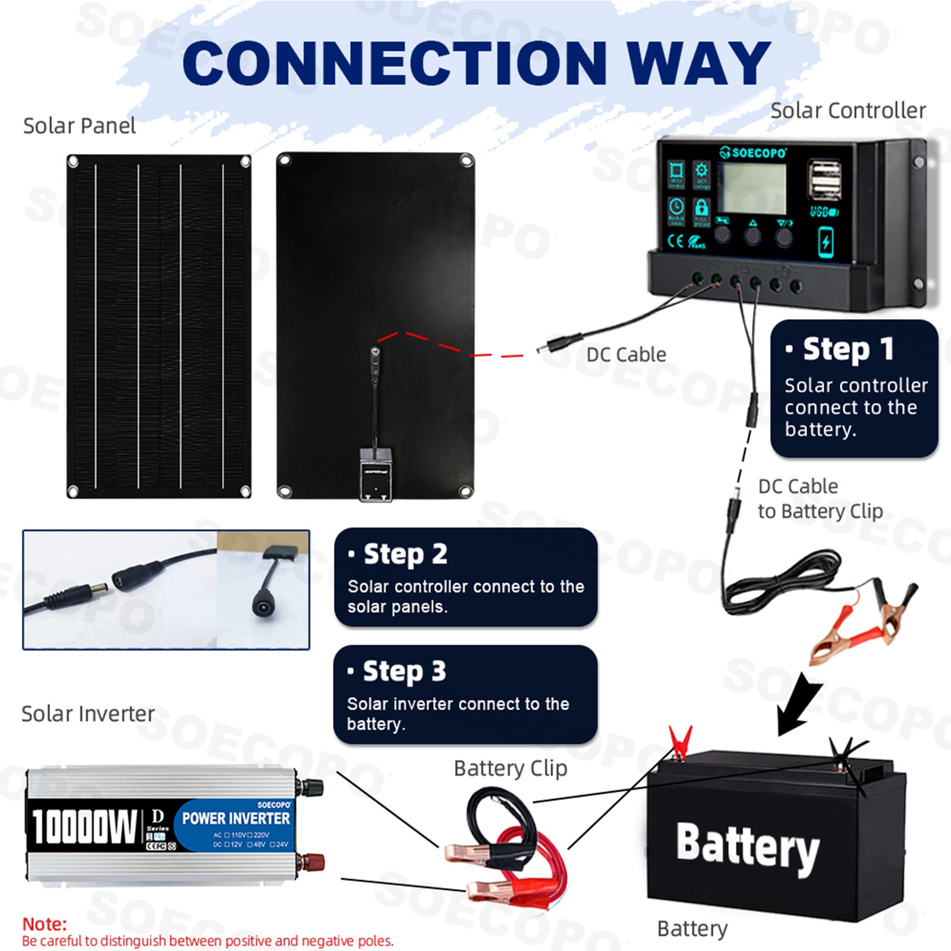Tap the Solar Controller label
[848, 111]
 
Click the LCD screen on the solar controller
[751, 188]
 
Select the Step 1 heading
[848, 349]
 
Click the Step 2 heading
[405, 554]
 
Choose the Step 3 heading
[404, 671]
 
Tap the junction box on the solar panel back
[376, 475]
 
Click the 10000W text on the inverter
[84, 826]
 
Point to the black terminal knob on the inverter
[311, 788]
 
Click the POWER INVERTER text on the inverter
[236, 818]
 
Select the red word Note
[45, 924]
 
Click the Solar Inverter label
[88, 713]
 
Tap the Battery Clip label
[510, 768]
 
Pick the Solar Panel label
[79, 126]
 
